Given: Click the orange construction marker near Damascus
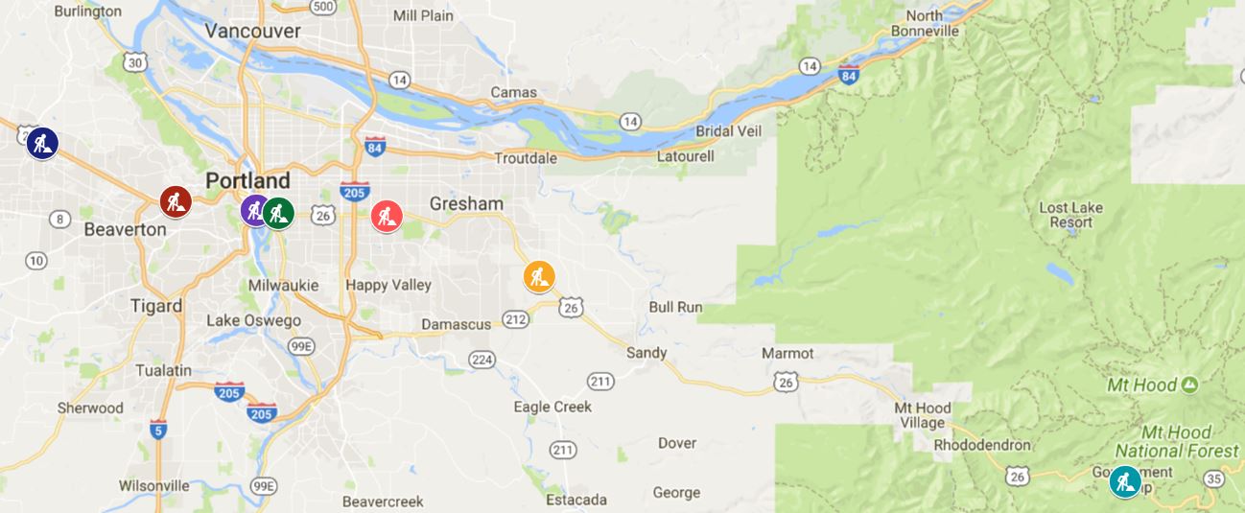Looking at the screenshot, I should pyautogui.click(x=539, y=276).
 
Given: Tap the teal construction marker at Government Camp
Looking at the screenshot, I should pyautogui.click(x=1125, y=481).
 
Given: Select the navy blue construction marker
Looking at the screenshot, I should pyautogui.click(x=42, y=143).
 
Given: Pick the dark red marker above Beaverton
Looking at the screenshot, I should pyautogui.click(x=176, y=201).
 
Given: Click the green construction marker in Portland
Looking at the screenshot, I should pyautogui.click(x=279, y=213).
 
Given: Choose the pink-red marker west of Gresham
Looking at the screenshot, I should pyautogui.click(x=387, y=216).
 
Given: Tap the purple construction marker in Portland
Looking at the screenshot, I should pyautogui.click(x=254, y=209).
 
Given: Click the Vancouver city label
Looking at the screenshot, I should pyautogui.click(x=253, y=31).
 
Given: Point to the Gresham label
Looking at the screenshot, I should pyautogui.click(x=466, y=203).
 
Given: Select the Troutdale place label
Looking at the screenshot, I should pyautogui.click(x=525, y=157).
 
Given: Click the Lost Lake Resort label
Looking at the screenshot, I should pyautogui.click(x=1071, y=215).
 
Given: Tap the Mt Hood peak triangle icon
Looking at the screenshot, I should pyautogui.click(x=1190, y=385).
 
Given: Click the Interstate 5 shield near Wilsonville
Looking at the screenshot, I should pyautogui.click(x=158, y=429).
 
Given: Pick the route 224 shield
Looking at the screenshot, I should pyautogui.click(x=482, y=359).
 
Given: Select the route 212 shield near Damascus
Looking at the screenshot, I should pyautogui.click(x=516, y=319).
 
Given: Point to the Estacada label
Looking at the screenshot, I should pyautogui.click(x=576, y=500).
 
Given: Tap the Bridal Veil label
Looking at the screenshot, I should pyautogui.click(x=728, y=130).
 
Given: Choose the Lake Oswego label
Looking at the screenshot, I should pyautogui.click(x=253, y=320).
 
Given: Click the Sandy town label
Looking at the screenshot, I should pyautogui.click(x=646, y=352).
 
